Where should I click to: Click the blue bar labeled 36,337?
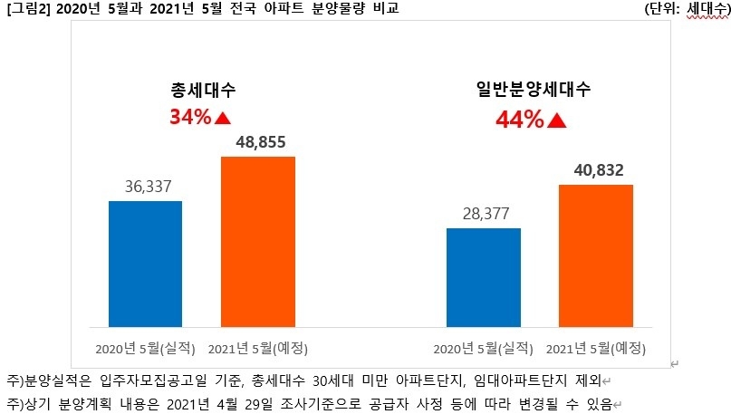click(145, 263)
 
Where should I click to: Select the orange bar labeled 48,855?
click(258, 241)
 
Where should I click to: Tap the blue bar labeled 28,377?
click(484, 276)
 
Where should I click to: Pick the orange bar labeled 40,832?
click(595, 255)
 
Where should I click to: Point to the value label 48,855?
click(258, 143)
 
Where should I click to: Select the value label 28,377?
click(484, 215)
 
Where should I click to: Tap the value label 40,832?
click(595, 170)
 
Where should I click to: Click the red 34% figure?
click(189, 117)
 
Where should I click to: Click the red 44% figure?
click(519, 119)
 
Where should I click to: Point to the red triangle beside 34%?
click(223, 118)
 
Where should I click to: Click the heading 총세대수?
click(203, 91)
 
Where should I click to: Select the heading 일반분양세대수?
click(532, 91)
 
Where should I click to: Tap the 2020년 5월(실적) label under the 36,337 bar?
click(145, 348)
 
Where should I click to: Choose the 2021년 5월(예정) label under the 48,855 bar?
click(258, 348)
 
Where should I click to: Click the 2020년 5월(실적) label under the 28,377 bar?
click(484, 348)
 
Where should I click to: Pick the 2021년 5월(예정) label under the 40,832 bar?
click(595, 348)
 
